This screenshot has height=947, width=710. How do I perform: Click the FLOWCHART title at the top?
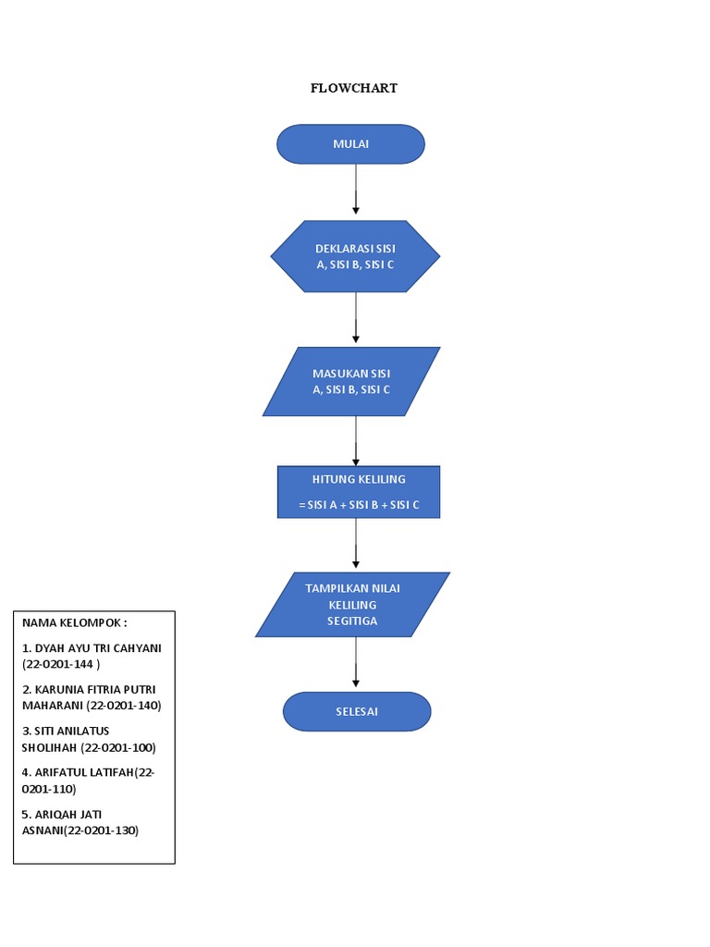click(x=353, y=89)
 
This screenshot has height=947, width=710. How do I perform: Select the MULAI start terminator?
click(x=350, y=144)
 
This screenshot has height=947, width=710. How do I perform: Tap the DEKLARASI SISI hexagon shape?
click(x=355, y=256)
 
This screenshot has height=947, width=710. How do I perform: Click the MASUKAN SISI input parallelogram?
click(x=351, y=381)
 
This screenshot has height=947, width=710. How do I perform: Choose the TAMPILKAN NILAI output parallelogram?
click(x=352, y=604)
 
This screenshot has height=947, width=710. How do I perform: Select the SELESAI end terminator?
click(x=356, y=711)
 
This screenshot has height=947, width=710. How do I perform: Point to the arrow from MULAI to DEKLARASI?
click(x=356, y=191)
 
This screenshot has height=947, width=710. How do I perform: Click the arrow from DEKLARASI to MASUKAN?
click(x=356, y=318)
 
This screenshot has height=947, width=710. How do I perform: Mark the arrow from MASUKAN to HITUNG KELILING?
click(x=356, y=440)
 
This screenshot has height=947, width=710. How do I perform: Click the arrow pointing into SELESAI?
click(x=356, y=663)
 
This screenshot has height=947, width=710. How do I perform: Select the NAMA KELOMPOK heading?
click(x=75, y=622)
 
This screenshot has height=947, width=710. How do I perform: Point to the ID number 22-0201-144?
click(x=61, y=664)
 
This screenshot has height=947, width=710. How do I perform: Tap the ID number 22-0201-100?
click(x=118, y=747)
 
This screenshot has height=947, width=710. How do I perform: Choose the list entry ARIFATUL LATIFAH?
click(x=83, y=772)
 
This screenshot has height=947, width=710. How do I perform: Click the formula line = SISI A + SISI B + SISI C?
click(x=359, y=504)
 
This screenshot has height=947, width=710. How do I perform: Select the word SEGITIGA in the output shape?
click(x=352, y=621)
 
